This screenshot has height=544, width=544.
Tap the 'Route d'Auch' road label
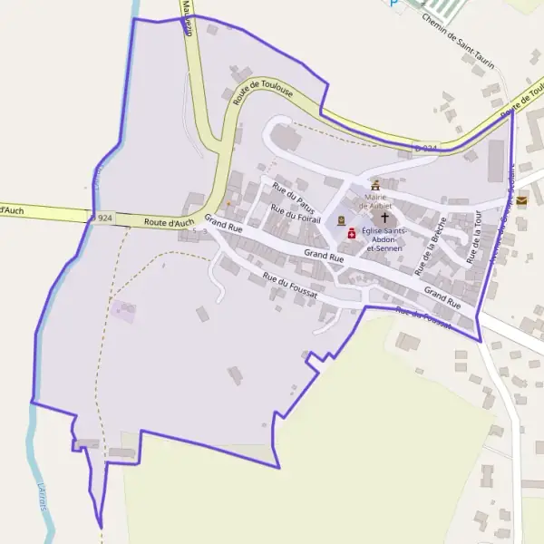tap(169, 222)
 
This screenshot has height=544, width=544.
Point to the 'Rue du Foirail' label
tap(296, 215)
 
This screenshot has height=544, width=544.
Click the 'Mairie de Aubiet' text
tap(375, 201)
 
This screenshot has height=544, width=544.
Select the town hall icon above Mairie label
tap(375, 185)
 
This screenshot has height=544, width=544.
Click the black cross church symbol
tap(384, 218)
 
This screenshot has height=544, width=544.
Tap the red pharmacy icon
tap(352, 233)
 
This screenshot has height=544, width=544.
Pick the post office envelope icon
tap(521, 201)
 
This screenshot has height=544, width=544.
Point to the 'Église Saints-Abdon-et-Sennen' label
tap(383, 239)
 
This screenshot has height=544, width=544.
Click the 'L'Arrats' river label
tap(43, 497)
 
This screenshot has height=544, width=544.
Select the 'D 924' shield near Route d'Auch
tap(102, 219)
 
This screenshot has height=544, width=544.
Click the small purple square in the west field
tap(123, 312)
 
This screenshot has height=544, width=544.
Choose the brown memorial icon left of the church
tap(341, 220)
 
